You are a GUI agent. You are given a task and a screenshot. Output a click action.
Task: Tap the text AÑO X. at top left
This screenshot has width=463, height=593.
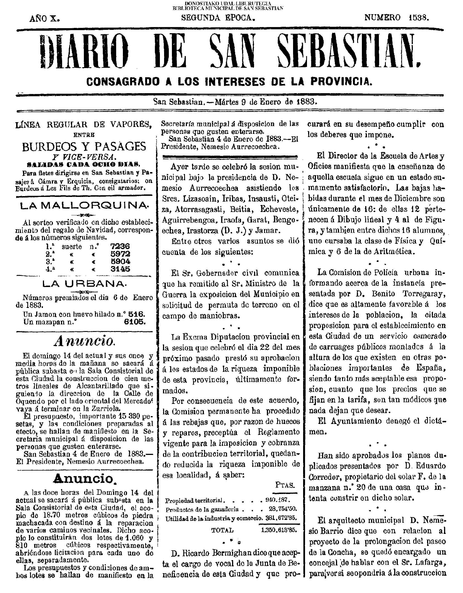[x=45, y=18]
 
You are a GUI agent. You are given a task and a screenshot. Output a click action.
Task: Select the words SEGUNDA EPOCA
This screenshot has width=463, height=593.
[x=218, y=18]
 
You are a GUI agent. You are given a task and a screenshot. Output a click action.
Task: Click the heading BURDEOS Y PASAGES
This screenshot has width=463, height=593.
[x=84, y=146]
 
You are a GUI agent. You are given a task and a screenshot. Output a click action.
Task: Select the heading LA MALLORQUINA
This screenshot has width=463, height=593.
[x=84, y=206]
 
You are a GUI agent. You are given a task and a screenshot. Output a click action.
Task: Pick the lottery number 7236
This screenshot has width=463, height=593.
[x=120, y=246]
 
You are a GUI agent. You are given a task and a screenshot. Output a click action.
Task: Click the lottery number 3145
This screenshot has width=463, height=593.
[x=120, y=269]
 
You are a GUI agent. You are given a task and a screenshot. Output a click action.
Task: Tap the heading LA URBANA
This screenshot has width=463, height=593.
[x=84, y=284]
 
